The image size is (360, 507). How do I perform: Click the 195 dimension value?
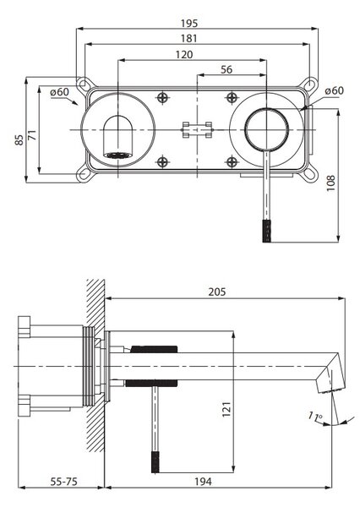(189, 24)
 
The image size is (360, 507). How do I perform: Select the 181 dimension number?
(188, 39)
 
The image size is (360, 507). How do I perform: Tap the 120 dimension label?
(184, 54)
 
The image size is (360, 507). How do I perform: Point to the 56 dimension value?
(226, 69)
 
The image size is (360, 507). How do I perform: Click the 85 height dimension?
(19, 140)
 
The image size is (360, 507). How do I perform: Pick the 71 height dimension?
(32, 134)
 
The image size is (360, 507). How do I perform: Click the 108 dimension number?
(330, 183)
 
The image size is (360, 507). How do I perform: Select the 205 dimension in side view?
(216, 292)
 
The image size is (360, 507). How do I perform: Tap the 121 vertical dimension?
(226, 409)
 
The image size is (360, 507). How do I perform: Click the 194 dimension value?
(203, 482)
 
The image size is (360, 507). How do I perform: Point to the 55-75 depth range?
(64, 482)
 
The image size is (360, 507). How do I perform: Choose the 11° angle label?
(314, 416)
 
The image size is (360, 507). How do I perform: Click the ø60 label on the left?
(59, 92)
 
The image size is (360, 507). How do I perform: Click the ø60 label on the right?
(335, 90)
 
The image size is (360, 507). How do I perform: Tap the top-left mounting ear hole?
(83, 84)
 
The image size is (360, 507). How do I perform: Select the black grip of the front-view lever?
(266, 231)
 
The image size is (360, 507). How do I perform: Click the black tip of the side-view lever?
(155, 462)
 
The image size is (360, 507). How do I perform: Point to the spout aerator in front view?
(118, 155)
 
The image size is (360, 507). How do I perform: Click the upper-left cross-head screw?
(162, 97)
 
